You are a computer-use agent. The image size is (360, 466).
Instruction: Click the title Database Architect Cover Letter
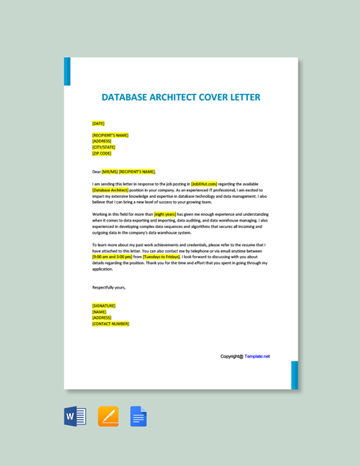tap(182, 97)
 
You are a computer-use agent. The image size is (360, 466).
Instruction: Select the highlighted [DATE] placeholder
tap(98, 123)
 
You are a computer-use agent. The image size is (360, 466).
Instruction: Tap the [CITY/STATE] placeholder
tap(103, 147)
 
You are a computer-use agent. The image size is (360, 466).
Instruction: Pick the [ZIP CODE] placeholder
tap(101, 153)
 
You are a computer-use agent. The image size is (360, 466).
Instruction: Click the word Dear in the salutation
tap(97, 172)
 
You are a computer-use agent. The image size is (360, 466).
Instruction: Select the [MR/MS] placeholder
tap(110, 172)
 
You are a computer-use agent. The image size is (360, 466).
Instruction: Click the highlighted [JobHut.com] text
tap(205, 184)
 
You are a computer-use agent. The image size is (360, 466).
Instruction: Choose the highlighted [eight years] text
tap(165, 214)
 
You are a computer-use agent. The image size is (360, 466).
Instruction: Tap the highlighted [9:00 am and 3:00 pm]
tap(112, 257)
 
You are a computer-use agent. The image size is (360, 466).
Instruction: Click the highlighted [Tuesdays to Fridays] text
tap(161, 257)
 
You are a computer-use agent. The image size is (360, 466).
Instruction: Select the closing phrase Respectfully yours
tap(109, 287)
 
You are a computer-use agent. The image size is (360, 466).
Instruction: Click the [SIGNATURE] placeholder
tap(104, 306)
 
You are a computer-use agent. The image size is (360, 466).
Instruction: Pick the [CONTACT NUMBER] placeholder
tap(110, 324)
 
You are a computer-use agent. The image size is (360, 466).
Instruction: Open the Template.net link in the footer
tap(257, 356)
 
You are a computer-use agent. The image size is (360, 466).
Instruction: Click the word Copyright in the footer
tap(232, 356)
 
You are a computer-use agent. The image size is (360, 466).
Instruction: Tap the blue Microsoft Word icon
tap(75, 416)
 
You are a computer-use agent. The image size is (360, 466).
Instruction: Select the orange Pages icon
tap(108, 416)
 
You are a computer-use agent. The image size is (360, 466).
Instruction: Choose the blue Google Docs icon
tap(138, 416)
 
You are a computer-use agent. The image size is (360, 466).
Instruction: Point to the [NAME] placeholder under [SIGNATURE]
tap(99, 311)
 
